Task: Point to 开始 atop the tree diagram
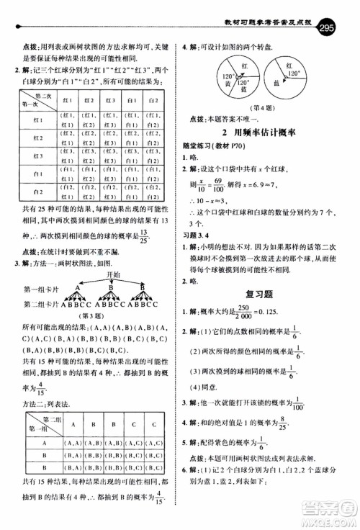tap(110, 274)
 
